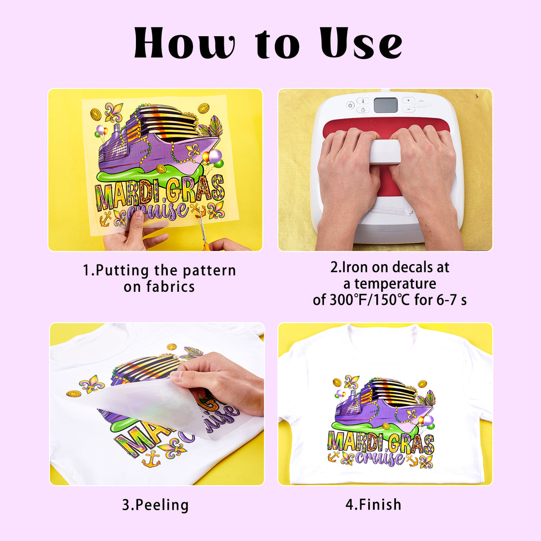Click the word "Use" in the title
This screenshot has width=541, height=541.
361,43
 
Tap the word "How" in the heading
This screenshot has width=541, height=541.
185,43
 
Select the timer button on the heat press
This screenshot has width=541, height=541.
363,110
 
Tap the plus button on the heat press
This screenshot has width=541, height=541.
408,100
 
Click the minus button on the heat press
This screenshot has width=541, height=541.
408,109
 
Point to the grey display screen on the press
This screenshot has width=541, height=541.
385,105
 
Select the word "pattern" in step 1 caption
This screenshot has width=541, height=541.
209,271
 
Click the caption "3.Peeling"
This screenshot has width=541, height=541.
156,505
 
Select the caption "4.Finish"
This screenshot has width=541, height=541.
373,504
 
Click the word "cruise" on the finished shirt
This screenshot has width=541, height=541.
380,458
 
